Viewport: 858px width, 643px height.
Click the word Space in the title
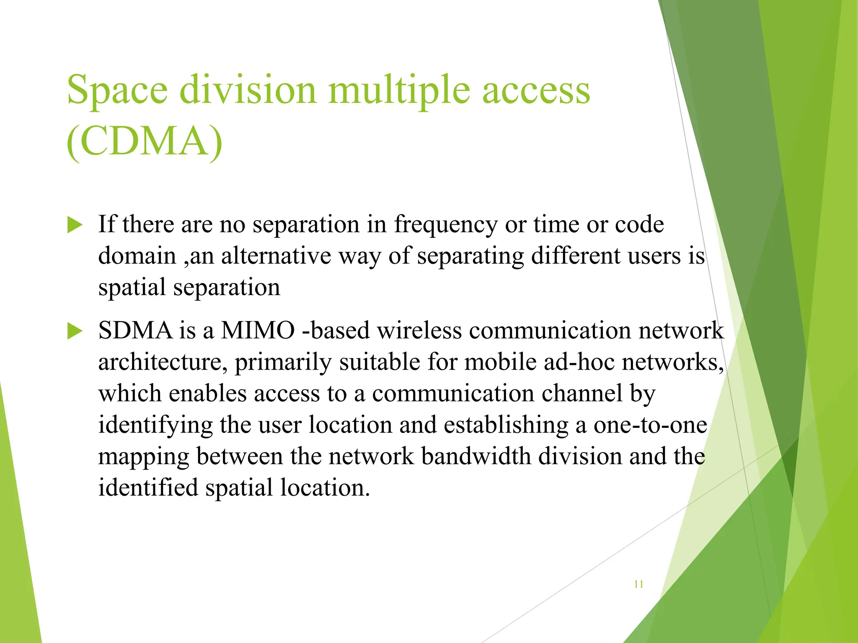click(117, 90)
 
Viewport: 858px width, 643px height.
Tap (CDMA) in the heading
click(145, 141)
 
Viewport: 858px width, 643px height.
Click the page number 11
click(638, 584)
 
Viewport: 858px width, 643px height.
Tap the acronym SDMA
click(135, 330)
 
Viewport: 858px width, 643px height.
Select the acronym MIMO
click(258, 330)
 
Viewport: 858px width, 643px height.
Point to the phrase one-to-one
click(650, 424)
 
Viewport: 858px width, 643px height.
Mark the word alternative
click(276, 256)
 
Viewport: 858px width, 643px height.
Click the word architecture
click(163, 363)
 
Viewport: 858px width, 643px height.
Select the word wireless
click(419, 330)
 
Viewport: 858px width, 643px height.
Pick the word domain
click(137, 256)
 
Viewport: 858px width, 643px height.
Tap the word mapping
click(144, 457)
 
